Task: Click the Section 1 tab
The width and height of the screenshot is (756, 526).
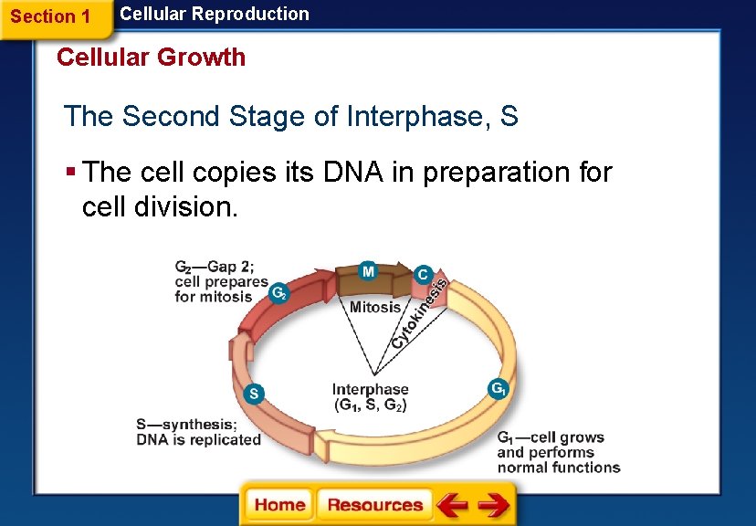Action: coord(50,16)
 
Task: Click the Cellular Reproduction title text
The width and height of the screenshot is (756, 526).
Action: coord(215,14)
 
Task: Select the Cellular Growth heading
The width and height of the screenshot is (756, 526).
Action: coord(151,58)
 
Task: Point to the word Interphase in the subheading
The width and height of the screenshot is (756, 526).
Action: coord(416,117)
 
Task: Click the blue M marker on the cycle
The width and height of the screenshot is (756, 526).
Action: coord(367,271)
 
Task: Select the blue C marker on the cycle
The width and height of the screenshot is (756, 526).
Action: coord(423,273)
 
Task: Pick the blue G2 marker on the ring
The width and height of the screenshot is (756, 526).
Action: coord(280,293)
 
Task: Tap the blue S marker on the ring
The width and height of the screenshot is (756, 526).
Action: coord(255,394)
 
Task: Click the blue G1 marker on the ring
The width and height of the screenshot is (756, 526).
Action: coord(499,388)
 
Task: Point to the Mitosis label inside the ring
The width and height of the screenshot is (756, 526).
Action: coord(375,307)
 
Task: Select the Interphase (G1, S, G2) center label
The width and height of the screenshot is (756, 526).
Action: coord(370,397)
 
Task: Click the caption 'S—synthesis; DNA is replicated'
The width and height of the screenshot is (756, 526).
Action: coord(198,432)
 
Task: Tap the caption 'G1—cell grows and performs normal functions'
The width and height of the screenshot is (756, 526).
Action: coord(558,453)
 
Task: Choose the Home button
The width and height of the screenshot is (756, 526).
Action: coord(279,505)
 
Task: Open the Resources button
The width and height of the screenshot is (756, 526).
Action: coord(374,505)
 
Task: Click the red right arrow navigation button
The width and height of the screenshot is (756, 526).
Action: coord(494,505)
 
